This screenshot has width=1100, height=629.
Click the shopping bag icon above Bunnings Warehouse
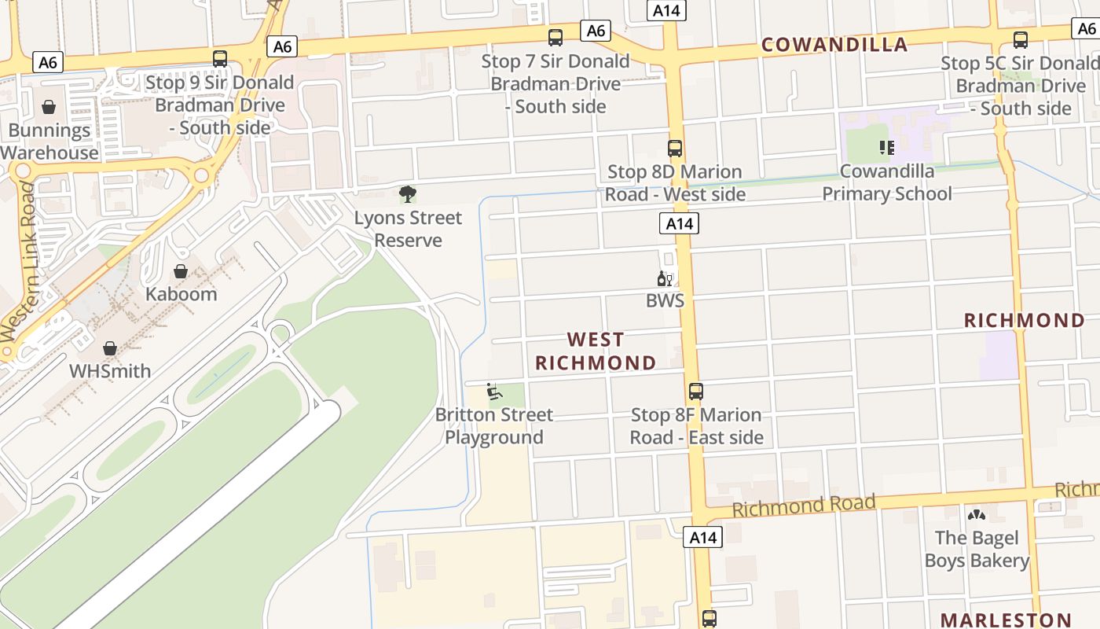[x=49, y=107]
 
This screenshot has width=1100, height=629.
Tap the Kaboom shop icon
[x=181, y=271]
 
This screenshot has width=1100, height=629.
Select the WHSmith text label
[x=110, y=370]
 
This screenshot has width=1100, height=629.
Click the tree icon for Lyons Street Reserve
[x=407, y=193]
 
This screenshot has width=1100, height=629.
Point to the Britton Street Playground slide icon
[x=493, y=391]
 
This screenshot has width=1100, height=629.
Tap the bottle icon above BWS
[x=664, y=278]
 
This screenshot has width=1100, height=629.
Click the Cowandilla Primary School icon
[x=887, y=147]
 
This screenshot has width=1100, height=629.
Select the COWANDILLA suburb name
[x=834, y=45]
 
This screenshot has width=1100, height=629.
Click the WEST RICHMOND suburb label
[x=596, y=351]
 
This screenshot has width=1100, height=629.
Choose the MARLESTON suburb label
[x=1006, y=620]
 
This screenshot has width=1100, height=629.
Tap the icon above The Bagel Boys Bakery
[x=977, y=515]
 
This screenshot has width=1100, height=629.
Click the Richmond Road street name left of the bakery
[x=803, y=506]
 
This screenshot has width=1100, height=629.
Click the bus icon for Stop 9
[x=220, y=58]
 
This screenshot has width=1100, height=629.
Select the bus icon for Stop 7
[x=555, y=37]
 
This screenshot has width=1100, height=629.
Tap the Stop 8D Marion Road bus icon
[x=674, y=148]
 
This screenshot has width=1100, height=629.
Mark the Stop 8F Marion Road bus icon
[x=695, y=391]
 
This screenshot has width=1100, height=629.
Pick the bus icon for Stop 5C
[x=1020, y=39]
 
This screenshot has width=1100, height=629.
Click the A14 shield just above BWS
[x=679, y=224]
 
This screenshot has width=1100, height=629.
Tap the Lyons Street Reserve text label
[x=408, y=229]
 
